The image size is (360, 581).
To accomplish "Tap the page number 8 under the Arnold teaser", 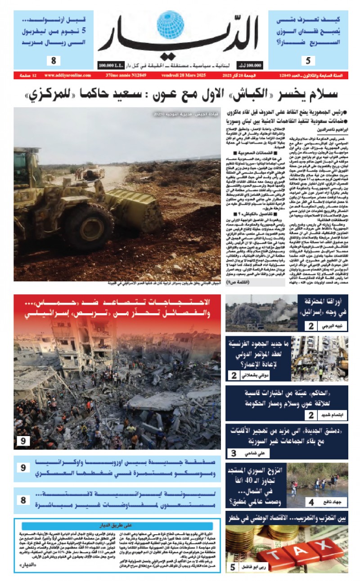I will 53,60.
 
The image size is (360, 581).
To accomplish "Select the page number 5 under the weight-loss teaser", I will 307,60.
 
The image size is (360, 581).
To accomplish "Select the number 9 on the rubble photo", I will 23,441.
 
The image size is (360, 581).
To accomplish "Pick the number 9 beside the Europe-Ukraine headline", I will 23,468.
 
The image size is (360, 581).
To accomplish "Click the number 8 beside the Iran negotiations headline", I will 23,499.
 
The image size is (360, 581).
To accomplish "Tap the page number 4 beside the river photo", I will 311,501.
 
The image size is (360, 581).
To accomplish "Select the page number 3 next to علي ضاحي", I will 234,453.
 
